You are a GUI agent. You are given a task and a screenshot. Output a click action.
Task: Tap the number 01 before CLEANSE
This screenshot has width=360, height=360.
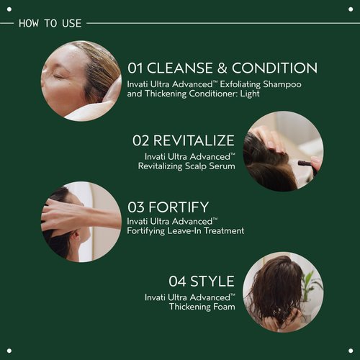[138, 68]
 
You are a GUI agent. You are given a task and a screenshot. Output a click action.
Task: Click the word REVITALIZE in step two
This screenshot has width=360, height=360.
[194, 140]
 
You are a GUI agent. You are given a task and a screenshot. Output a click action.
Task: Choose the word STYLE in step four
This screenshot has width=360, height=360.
[212, 281]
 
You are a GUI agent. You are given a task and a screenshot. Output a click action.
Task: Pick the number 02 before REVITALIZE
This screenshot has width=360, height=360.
[141, 140]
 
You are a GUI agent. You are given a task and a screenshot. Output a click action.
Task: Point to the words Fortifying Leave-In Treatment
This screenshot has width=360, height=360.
[186, 231]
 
